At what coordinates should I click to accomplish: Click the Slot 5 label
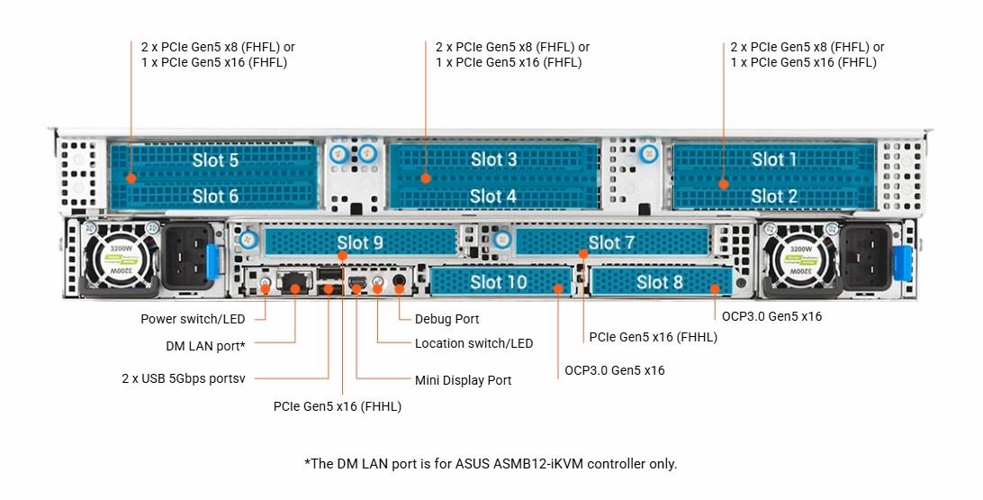[x=215, y=160]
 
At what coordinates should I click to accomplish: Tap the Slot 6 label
[x=215, y=195]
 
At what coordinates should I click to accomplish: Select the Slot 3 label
[x=493, y=159]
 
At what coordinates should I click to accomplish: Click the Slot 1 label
[x=774, y=159]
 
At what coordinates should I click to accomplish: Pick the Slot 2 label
[x=774, y=195]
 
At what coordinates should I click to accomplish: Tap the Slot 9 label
[x=360, y=242]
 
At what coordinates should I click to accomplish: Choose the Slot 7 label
[x=611, y=242]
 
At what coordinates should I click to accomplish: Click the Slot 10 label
[x=499, y=282]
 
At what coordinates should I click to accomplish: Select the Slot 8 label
[x=659, y=282]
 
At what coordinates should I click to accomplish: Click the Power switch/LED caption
[x=193, y=319]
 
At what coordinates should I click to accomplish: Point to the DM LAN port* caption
[x=205, y=345]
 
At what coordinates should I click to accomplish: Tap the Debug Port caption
[x=446, y=319]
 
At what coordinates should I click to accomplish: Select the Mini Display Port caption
[x=463, y=380]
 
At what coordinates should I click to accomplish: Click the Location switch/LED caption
[x=473, y=343]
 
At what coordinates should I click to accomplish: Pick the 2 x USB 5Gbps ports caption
[x=183, y=379]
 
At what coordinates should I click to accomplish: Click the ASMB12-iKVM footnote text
[x=491, y=464]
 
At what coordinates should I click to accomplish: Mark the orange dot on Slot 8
[x=715, y=289]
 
